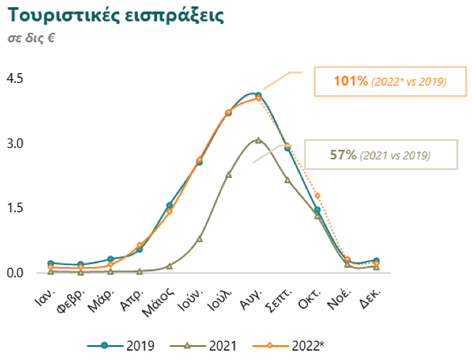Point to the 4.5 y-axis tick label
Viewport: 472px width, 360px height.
coord(15,78)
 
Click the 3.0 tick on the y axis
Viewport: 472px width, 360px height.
coord(15,143)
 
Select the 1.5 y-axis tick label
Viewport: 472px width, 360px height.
coord(15,208)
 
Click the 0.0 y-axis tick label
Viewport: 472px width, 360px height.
coord(15,273)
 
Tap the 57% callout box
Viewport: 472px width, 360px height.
coord(381,154)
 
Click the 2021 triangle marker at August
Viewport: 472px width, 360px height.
coord(258,140)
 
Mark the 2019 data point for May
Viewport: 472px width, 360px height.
coord(169,206)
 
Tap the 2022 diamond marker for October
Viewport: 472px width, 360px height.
coord(317,196)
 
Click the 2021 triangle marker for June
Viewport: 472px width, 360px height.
coord(199,239)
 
